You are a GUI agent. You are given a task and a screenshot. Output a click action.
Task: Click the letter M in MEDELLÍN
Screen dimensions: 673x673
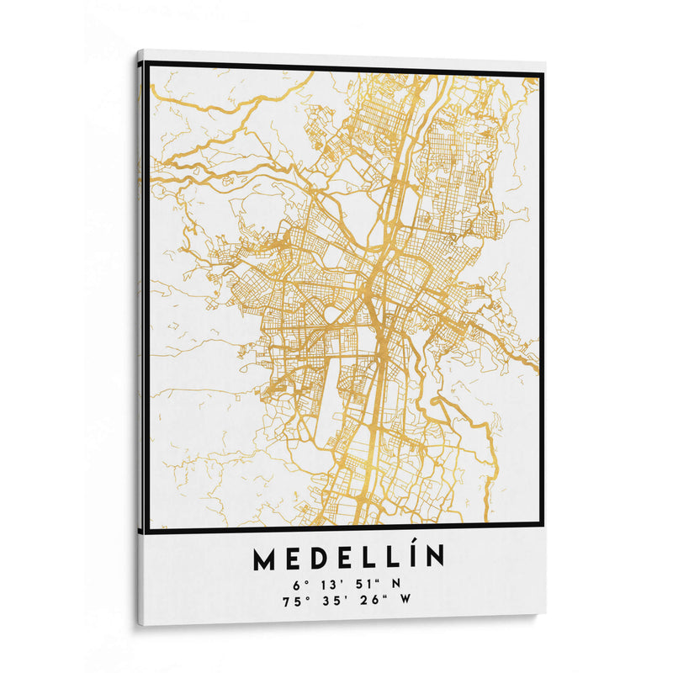(263, 558)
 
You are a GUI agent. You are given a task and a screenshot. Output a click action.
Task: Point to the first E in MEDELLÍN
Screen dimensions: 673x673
(292, 558)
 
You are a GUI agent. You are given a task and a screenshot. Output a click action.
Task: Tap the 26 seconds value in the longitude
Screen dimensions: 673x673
(368, 600)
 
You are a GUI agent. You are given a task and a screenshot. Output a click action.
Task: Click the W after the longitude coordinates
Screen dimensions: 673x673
(405, 600)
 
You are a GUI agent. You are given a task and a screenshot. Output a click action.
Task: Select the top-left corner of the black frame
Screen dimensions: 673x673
(147, 63)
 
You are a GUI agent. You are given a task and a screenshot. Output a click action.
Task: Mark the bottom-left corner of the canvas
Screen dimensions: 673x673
(139, 623)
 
